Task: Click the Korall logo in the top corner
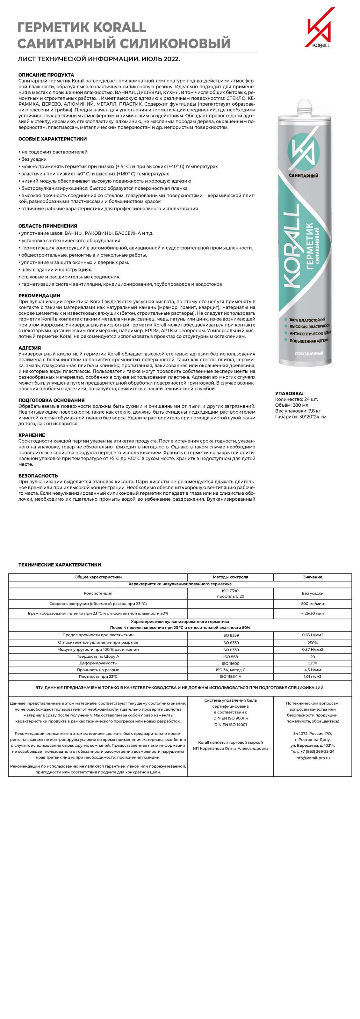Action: click(x=319, y=28)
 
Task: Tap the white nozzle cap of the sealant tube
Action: click(x=304, y=105)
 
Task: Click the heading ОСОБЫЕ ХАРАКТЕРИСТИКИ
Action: click(x=53, y=139)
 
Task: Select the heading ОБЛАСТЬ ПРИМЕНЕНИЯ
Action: click(x=47, y=226)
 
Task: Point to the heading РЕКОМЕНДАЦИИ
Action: click(x=39, y=296)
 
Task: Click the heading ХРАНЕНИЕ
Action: click(x=32, y=435)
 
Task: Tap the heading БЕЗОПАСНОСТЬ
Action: click(x=38, y=476)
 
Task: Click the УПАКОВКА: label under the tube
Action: click(x=289, y=394)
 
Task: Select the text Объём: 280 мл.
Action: click(x=292, y=405)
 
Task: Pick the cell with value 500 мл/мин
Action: click(x=312, y=604)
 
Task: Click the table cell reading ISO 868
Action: click(x=230, y=657)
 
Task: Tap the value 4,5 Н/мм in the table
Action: click(x=312, y=670)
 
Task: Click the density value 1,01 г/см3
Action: click(x=312, y=677)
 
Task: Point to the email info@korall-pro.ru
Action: click(x=312, y=758)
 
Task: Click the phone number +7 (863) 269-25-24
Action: click(x=312, y=751)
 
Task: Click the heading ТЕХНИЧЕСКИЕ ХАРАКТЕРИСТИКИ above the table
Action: click(x=59, y=565)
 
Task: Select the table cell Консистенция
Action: click(x=98, y=593)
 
